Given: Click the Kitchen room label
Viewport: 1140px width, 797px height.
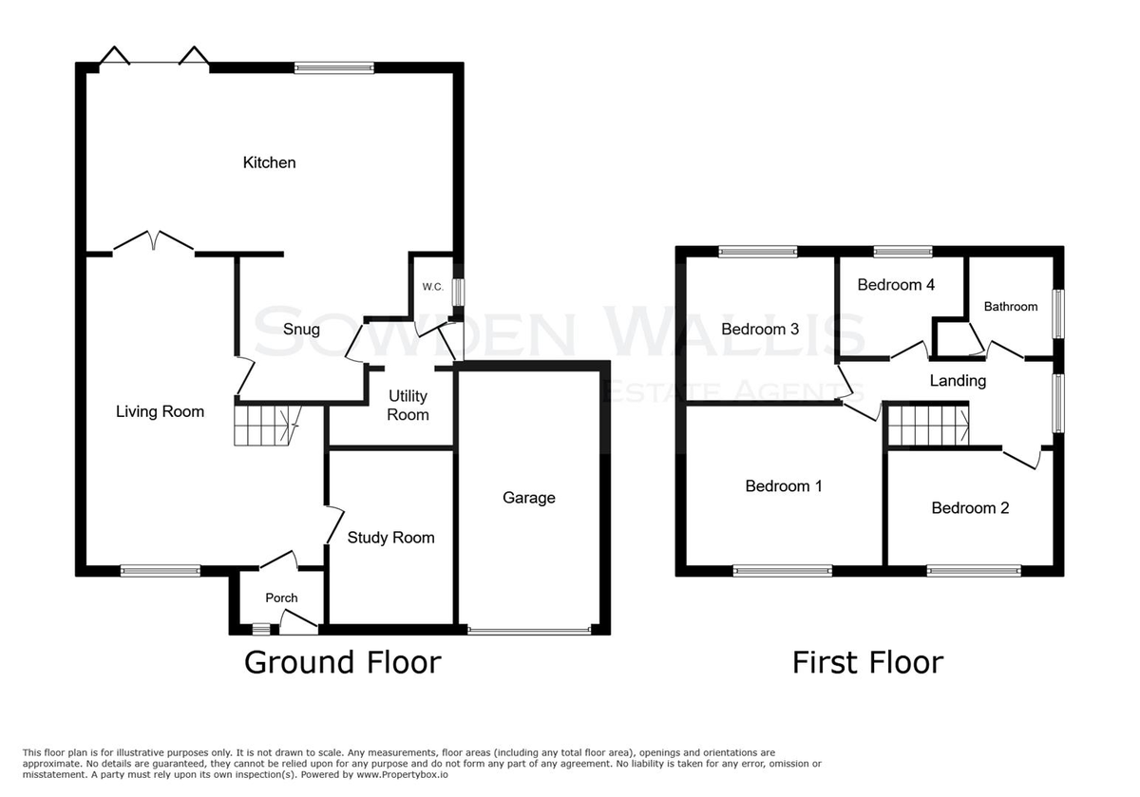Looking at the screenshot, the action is (269, 162).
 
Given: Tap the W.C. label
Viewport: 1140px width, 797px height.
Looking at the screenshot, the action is (433, 287).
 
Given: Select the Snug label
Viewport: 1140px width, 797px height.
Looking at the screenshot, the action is (301, 330).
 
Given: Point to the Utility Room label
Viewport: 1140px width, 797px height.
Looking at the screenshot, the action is (408, 405).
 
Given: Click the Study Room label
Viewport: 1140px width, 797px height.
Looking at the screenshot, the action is (390, 538).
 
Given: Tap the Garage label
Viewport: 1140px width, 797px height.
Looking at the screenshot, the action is (529, 497).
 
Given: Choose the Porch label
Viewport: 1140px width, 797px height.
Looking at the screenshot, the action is (281, 598).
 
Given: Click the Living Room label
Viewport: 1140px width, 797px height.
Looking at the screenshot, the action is (160, 411).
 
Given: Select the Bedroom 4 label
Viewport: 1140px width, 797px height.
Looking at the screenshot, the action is (896, 284).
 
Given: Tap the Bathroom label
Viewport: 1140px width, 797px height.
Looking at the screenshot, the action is (1011, 307).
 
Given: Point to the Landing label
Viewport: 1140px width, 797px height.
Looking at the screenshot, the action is (958, 381).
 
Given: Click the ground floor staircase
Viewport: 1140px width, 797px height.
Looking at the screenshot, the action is (267, 426).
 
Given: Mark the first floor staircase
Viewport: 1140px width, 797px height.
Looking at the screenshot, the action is (928, 425).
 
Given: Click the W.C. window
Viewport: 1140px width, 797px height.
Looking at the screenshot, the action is (458, 292).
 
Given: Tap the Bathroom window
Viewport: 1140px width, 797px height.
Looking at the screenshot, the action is (1058, 314).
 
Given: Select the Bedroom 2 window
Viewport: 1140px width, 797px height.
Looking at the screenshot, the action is (974, 571).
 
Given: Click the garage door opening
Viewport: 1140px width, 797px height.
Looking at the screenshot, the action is (529, 630).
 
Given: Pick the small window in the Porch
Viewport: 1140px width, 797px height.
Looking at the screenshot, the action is (261, 630).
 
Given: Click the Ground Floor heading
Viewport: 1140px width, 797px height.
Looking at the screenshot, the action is (343, 662).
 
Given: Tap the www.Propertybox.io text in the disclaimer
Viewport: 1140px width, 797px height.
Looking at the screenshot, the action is (402, 775).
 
